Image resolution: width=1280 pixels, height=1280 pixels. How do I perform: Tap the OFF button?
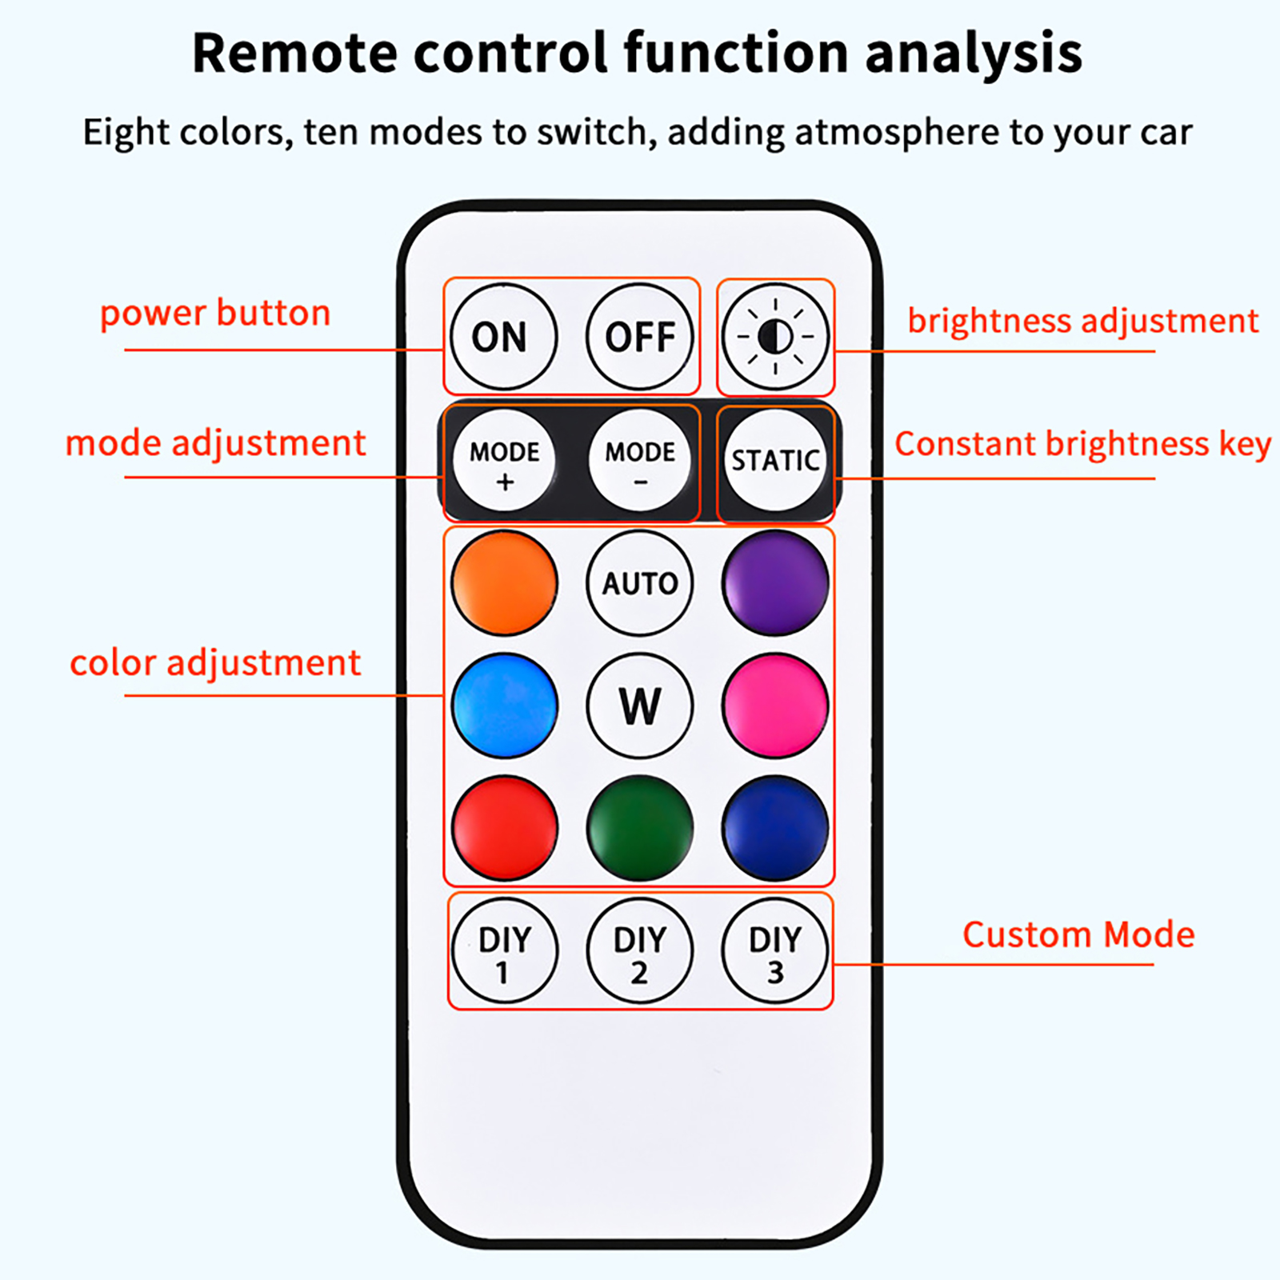point(640,337)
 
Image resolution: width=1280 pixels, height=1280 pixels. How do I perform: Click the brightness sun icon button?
point(775,337)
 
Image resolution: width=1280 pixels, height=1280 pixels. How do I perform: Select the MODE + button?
point(504,461)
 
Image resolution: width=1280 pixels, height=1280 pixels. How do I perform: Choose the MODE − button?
point(640,461)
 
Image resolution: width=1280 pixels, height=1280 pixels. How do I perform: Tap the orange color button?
point(504,583)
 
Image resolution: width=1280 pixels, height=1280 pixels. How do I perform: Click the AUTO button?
point(640,583)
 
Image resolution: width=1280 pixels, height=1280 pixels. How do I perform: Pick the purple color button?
point(775,583)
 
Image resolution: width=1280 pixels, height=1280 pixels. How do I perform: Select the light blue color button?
point(504,706)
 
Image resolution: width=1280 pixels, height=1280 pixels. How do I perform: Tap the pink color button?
point(775,706)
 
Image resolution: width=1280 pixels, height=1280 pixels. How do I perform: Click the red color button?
point(504,828)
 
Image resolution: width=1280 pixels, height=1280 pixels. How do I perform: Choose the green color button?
point(640,828)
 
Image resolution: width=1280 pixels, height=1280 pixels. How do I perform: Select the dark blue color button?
point(775,828)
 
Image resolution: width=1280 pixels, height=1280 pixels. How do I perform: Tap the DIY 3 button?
point(775,951)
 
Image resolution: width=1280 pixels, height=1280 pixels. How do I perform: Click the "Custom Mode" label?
point(1078,934)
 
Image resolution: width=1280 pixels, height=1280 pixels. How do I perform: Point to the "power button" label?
point(215,313)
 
